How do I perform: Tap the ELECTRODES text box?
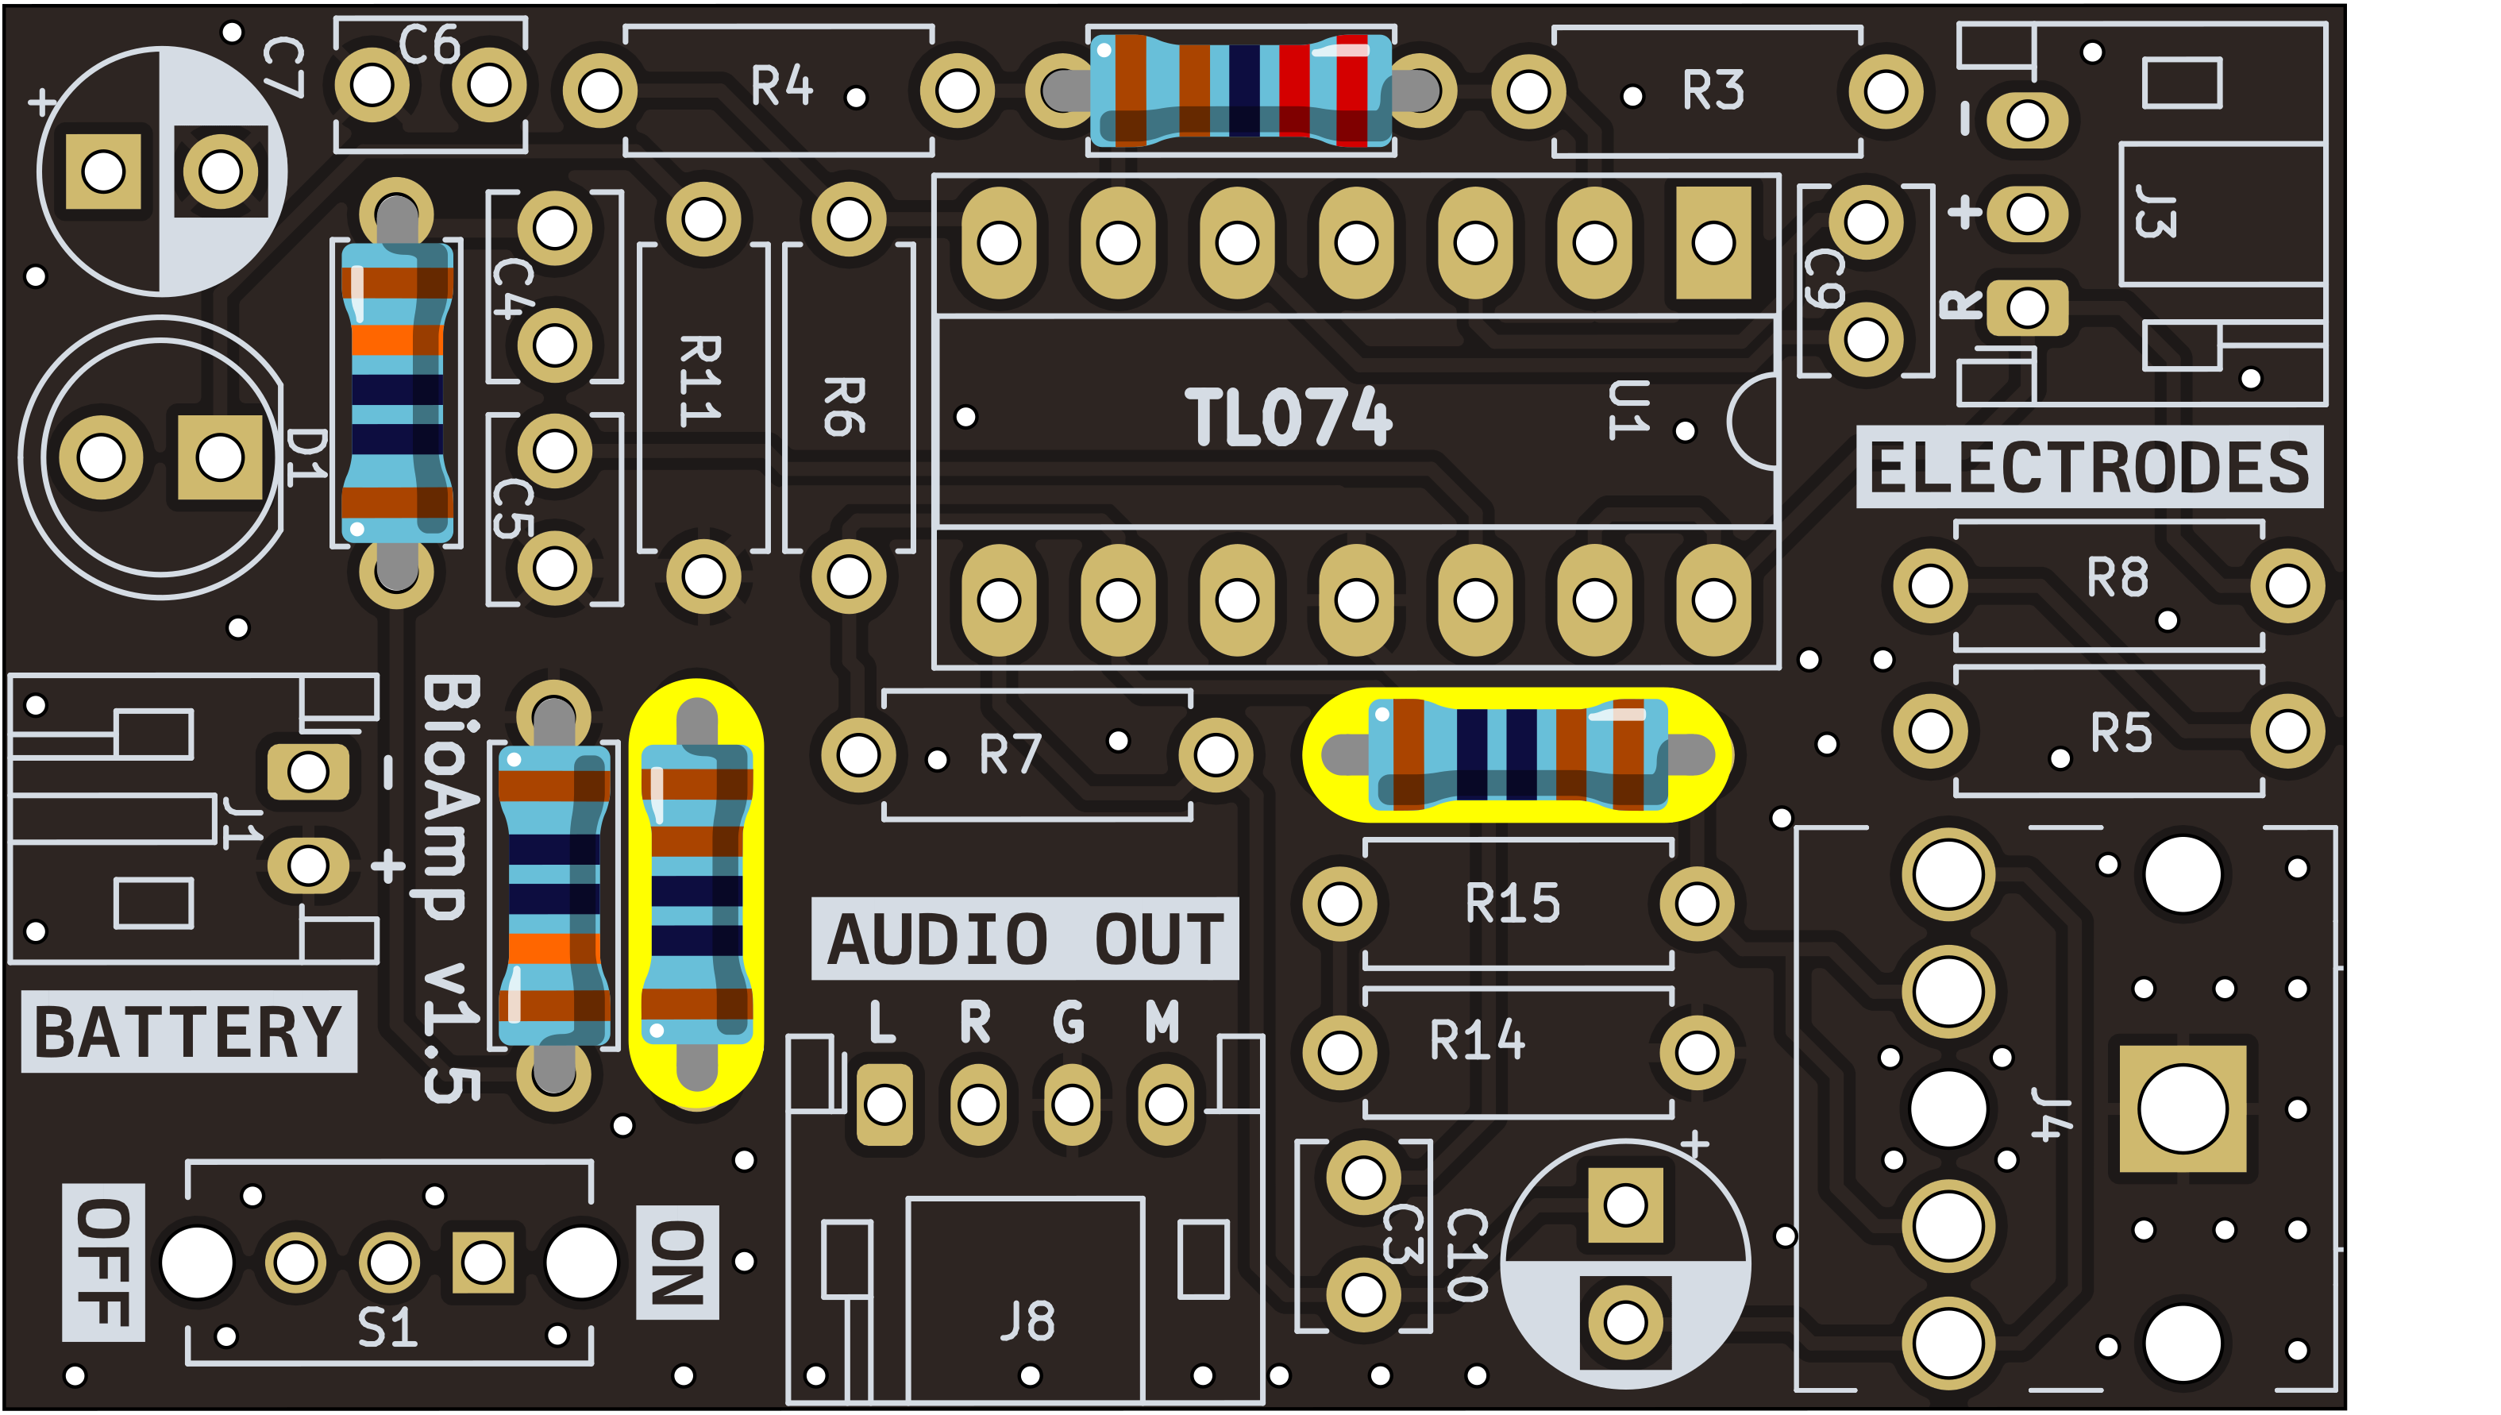(2089, 468)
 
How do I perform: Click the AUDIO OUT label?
(1024, 939)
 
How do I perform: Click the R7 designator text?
(1010, 754)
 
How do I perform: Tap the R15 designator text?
(1512, 904)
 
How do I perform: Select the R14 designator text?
(1477, 1040)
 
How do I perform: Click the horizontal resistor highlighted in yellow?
(1518, 755)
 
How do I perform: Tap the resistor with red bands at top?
(1241, 91)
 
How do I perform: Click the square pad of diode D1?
(220, 457)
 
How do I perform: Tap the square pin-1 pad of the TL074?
(1713, 243)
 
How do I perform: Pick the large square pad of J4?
(2183, 1108)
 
